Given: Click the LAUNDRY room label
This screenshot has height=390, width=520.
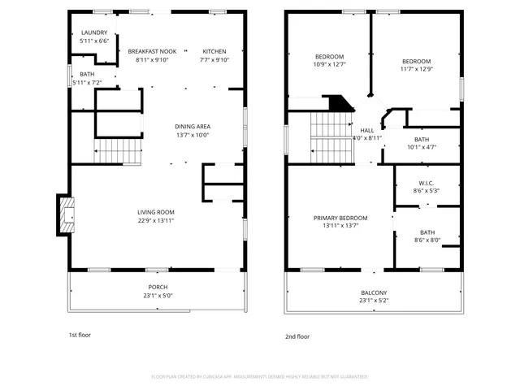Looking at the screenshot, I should tap(94, 32).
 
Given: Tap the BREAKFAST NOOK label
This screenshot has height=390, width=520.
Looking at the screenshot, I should tap(152, 50).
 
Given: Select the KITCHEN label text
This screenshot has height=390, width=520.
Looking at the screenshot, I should tap(214, 50).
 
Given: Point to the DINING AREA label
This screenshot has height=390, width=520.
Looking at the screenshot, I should tap(193, 126).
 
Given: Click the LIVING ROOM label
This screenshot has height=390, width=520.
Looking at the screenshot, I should tap(155, 212).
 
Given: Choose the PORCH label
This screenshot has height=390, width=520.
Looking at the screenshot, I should tap(158, 287).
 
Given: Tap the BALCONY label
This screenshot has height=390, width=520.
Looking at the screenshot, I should tap(374, 292).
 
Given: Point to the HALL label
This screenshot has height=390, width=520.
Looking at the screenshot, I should tap(367, 130).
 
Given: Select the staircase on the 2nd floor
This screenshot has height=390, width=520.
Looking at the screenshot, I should tap(331, 136).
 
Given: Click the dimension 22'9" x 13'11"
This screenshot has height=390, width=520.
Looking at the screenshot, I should tap(155, 220).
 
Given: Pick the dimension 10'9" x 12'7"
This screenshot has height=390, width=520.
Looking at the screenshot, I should tap(329, 64).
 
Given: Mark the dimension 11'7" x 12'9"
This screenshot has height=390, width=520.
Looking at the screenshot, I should tap(416, 69).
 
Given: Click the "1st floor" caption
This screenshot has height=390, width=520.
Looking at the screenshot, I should tap(80, 334).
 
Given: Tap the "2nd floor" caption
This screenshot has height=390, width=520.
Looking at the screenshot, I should tap(297, 336).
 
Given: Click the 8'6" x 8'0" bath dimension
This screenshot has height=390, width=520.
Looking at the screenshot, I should tap(427, 240).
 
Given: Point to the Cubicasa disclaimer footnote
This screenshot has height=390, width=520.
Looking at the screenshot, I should tap(260, 376).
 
